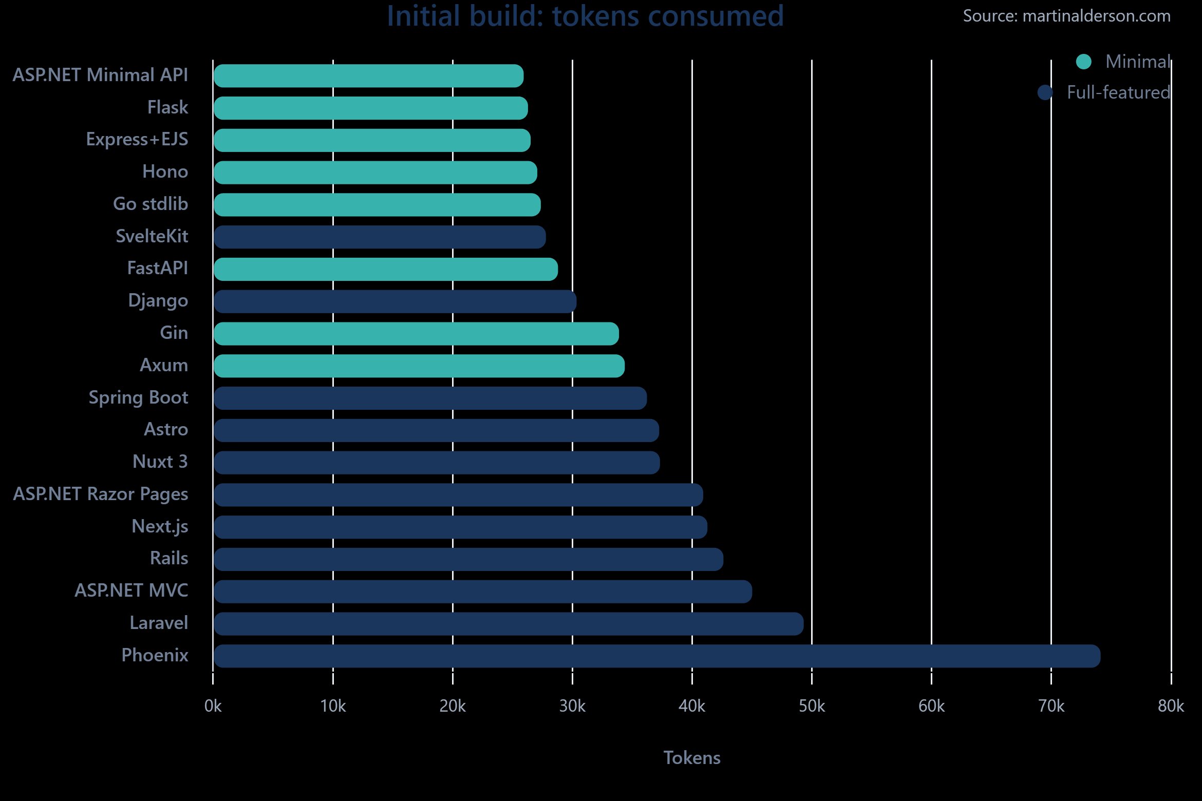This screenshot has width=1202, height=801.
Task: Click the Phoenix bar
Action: coord(656,656)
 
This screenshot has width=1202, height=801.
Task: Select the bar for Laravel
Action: coord(509,624)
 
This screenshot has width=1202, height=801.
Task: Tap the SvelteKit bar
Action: coord(380,237)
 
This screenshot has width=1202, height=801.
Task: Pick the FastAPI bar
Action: coord(386,270)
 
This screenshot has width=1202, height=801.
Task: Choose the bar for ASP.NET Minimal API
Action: coord(368,76)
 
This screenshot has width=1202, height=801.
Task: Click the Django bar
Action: coord(395,301)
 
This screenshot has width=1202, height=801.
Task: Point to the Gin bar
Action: coord(416,334)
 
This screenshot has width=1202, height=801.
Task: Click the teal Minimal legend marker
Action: coord(1083,62)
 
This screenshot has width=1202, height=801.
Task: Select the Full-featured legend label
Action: coord(1118,92)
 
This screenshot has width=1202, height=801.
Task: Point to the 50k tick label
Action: coord(812,707)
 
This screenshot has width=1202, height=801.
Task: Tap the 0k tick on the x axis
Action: coord(213,707)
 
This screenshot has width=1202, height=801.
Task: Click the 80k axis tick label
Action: coord(1171,707)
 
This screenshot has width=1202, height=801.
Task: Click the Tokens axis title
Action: coord(692,758)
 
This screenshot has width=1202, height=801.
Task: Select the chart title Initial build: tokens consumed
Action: coord(585,16)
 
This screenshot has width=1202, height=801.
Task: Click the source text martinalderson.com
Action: coord(1066,16)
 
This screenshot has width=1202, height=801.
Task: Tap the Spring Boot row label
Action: coord(138,398)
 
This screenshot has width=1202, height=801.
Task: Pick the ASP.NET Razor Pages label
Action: coord(101,494)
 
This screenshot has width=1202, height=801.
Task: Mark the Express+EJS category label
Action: coord(137,140)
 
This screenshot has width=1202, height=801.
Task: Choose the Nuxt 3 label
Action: coord(160,462)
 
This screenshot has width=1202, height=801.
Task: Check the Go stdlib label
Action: coord(151,204)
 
